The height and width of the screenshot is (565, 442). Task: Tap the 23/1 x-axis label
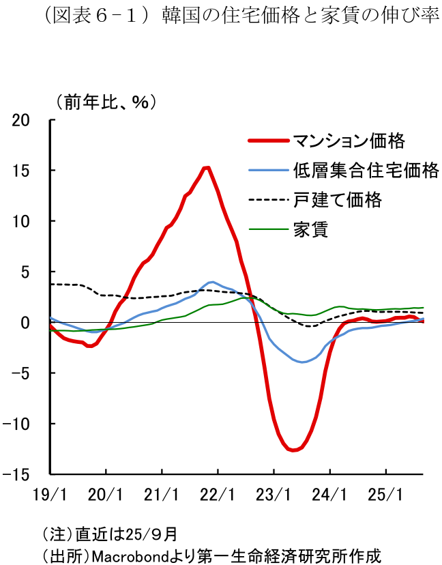click(x=274, y=493)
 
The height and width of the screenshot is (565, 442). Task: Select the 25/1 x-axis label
click(x=385, y=493)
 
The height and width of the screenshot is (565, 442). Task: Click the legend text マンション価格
click(x=349, y=141)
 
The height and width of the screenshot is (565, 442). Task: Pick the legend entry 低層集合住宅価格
click(x=366, y=171)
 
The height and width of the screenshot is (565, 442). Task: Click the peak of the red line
click(x=207, y=167)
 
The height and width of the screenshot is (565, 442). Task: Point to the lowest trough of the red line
click(x=293, y=450)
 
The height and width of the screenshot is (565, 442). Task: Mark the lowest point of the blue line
click(x=302, y=362)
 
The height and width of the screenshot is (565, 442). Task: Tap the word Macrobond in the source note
click(x=126, y=552)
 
